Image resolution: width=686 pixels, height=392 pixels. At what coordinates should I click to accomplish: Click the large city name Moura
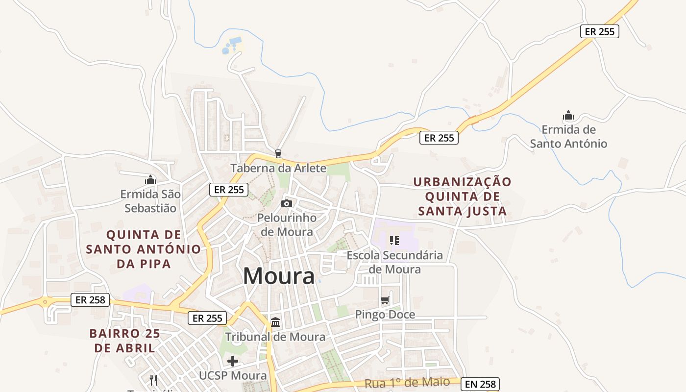coord(279,276)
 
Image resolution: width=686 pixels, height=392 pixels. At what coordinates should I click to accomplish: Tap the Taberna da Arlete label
coord(278,169)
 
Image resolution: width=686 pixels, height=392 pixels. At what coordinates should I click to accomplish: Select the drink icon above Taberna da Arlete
coord(278,154)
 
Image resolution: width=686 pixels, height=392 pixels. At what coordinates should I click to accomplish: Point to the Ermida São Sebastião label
coord(150,201)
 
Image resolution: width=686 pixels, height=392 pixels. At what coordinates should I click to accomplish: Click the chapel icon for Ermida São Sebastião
coord(150,180)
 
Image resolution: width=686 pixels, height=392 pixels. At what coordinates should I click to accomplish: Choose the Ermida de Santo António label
coord(568,137)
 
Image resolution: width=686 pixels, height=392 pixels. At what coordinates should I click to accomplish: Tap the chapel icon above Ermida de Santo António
coord(568,116)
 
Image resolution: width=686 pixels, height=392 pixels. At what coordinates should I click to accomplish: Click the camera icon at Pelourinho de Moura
coord(287,203)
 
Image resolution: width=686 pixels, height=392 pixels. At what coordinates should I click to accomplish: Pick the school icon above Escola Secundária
coord(394,240)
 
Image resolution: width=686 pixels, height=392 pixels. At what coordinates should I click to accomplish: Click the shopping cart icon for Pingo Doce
coord(385,300)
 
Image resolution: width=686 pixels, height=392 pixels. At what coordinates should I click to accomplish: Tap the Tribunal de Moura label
coord(275,337)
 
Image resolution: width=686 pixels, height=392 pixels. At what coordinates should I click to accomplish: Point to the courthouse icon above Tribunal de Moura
coord(275,322)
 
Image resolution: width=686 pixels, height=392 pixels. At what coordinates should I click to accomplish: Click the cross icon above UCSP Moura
coord(233,362)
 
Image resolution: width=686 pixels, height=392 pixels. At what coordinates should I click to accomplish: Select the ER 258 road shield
coord(90,300)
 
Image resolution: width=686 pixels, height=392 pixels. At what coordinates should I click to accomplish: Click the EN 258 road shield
coord(480,384)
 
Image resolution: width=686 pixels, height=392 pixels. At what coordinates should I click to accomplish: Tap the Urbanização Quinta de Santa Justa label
coord(462,196)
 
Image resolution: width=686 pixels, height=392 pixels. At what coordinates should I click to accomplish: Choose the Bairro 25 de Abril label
coord(124,341)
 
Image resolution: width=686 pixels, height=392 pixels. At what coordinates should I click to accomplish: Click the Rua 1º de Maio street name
coord(407,383)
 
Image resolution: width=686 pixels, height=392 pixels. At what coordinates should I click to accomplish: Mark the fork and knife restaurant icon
coord(153,380)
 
